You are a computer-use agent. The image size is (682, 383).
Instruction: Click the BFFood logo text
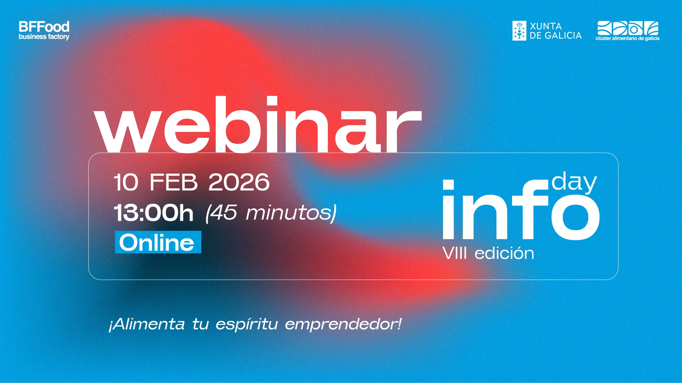coord(44,27)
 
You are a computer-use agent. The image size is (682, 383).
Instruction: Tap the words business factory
coord(44,37)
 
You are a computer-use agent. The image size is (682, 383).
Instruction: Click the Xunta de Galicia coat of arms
coord(519,31)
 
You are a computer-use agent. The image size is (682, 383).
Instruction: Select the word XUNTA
coord(546,26)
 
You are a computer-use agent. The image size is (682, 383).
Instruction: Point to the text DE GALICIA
coord(556,35)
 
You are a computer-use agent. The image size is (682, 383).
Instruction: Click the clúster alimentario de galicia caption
coord(627,38)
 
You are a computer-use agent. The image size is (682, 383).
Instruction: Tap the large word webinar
coord(258,124)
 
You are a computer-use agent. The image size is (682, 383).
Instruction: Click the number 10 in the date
coord(126,182)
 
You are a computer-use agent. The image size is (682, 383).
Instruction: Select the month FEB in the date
coord(173,182)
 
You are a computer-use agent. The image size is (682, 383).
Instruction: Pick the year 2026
coord(239,182)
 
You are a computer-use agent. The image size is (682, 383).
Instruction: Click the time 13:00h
coord(153,213)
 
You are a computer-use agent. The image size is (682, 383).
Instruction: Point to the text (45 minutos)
coord(271,213)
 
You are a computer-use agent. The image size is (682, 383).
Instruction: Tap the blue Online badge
coord(158,242)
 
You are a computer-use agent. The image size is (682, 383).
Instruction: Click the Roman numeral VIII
coord(455,253)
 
